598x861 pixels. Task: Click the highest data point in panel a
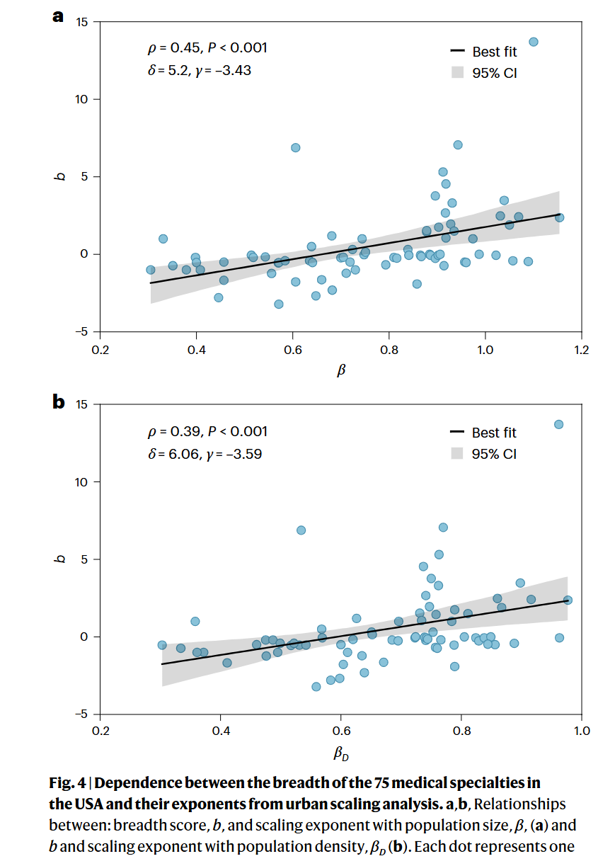tap(533, 42)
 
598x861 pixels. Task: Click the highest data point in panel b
tap(558, 424)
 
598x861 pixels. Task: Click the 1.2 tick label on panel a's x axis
tap(581, 350)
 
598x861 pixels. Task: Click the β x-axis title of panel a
tap(341, 370)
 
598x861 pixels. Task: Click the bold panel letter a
tap(58, 16)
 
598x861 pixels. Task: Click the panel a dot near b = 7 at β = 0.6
tap(295, 147)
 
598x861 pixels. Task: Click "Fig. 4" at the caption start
tap(67, 783)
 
